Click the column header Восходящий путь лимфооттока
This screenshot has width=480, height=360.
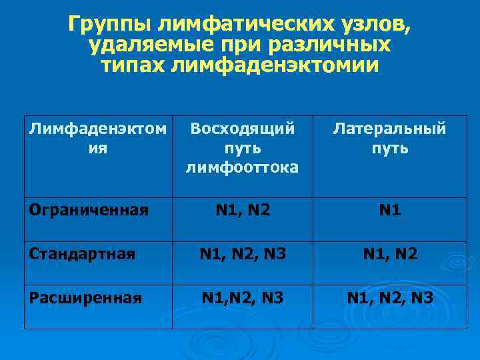[242, 147]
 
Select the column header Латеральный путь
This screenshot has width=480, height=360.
[390, 138]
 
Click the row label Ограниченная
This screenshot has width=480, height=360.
[88, 211]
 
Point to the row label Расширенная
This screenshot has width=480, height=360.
[85, 297]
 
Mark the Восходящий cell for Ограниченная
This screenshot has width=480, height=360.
[242, 211]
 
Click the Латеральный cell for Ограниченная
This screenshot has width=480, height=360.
[390, 211]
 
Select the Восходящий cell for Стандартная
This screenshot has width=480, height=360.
[242, 253]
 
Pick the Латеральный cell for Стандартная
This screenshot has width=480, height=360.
[390, 253]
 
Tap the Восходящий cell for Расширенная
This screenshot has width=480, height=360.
[242, 297]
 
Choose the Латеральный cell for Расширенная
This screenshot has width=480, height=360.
[390, 297]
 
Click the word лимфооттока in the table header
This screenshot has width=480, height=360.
[242, 167]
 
